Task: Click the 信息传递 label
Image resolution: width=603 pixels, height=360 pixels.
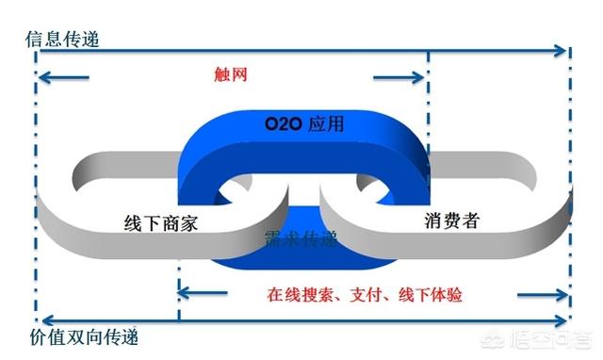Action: point(62,41)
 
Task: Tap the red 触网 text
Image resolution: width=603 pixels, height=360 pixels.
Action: point(231,75)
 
